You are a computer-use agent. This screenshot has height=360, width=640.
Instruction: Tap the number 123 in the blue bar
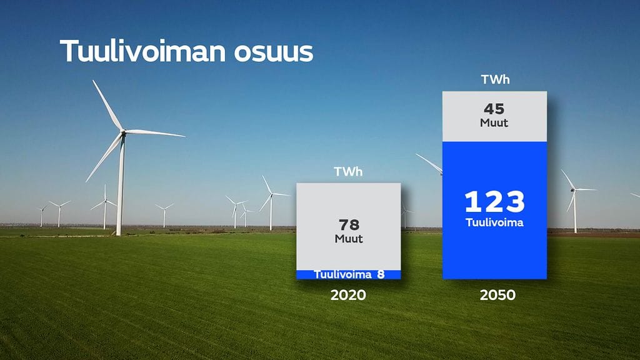click(494, 202)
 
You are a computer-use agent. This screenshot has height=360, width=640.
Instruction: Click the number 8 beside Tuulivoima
click(381, 274)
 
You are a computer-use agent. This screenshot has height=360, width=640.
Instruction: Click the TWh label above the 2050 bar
click(494, 80)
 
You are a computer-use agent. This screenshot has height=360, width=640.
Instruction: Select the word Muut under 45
click(494, 123)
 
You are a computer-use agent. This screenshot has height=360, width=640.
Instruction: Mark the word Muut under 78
click(348, 239)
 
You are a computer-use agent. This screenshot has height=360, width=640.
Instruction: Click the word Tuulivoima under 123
click(494, 222)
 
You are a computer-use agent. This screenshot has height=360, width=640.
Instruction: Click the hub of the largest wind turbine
click(122, 132)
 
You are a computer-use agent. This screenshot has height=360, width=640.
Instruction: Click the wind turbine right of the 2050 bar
click(574, 200)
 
